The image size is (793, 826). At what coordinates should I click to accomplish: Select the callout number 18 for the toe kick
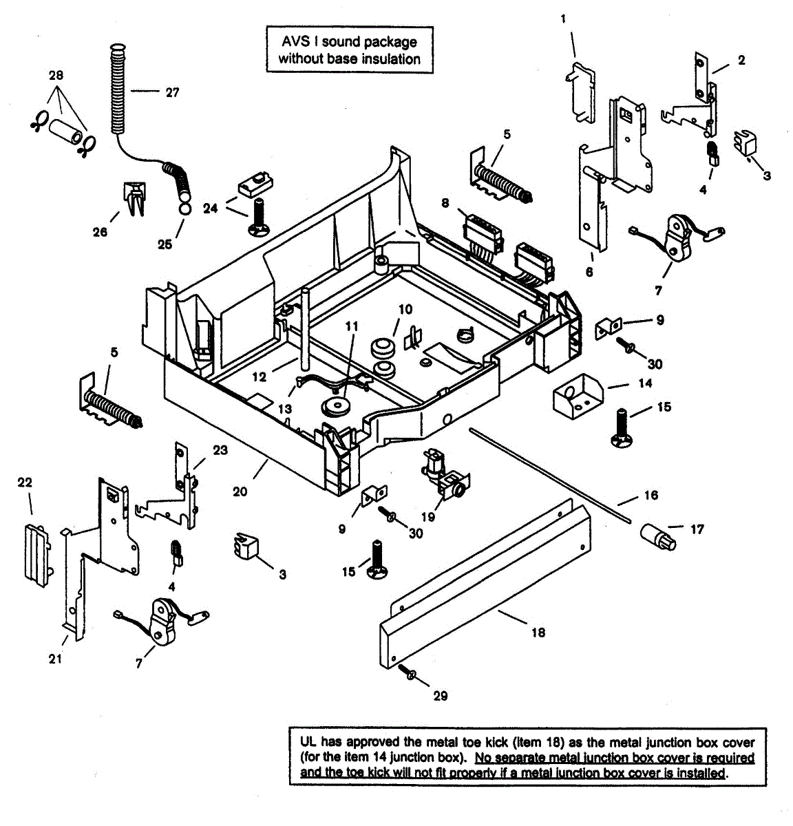click(x=538, y=632)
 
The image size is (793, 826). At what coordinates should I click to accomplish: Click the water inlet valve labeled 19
click(x=443, y=474)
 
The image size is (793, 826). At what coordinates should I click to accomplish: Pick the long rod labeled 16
click(x=551, y=475)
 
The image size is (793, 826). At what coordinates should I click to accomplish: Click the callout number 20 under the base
click(x=239, y=492)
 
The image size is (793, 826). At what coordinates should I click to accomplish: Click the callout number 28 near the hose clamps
click(x=56, y=75)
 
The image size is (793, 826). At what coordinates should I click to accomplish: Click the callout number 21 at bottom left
click(x=55, y=659)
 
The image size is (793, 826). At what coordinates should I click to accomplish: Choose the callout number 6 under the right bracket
click(x=589, y=272)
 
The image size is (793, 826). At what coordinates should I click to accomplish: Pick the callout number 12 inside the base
click(x=258, y=377)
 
